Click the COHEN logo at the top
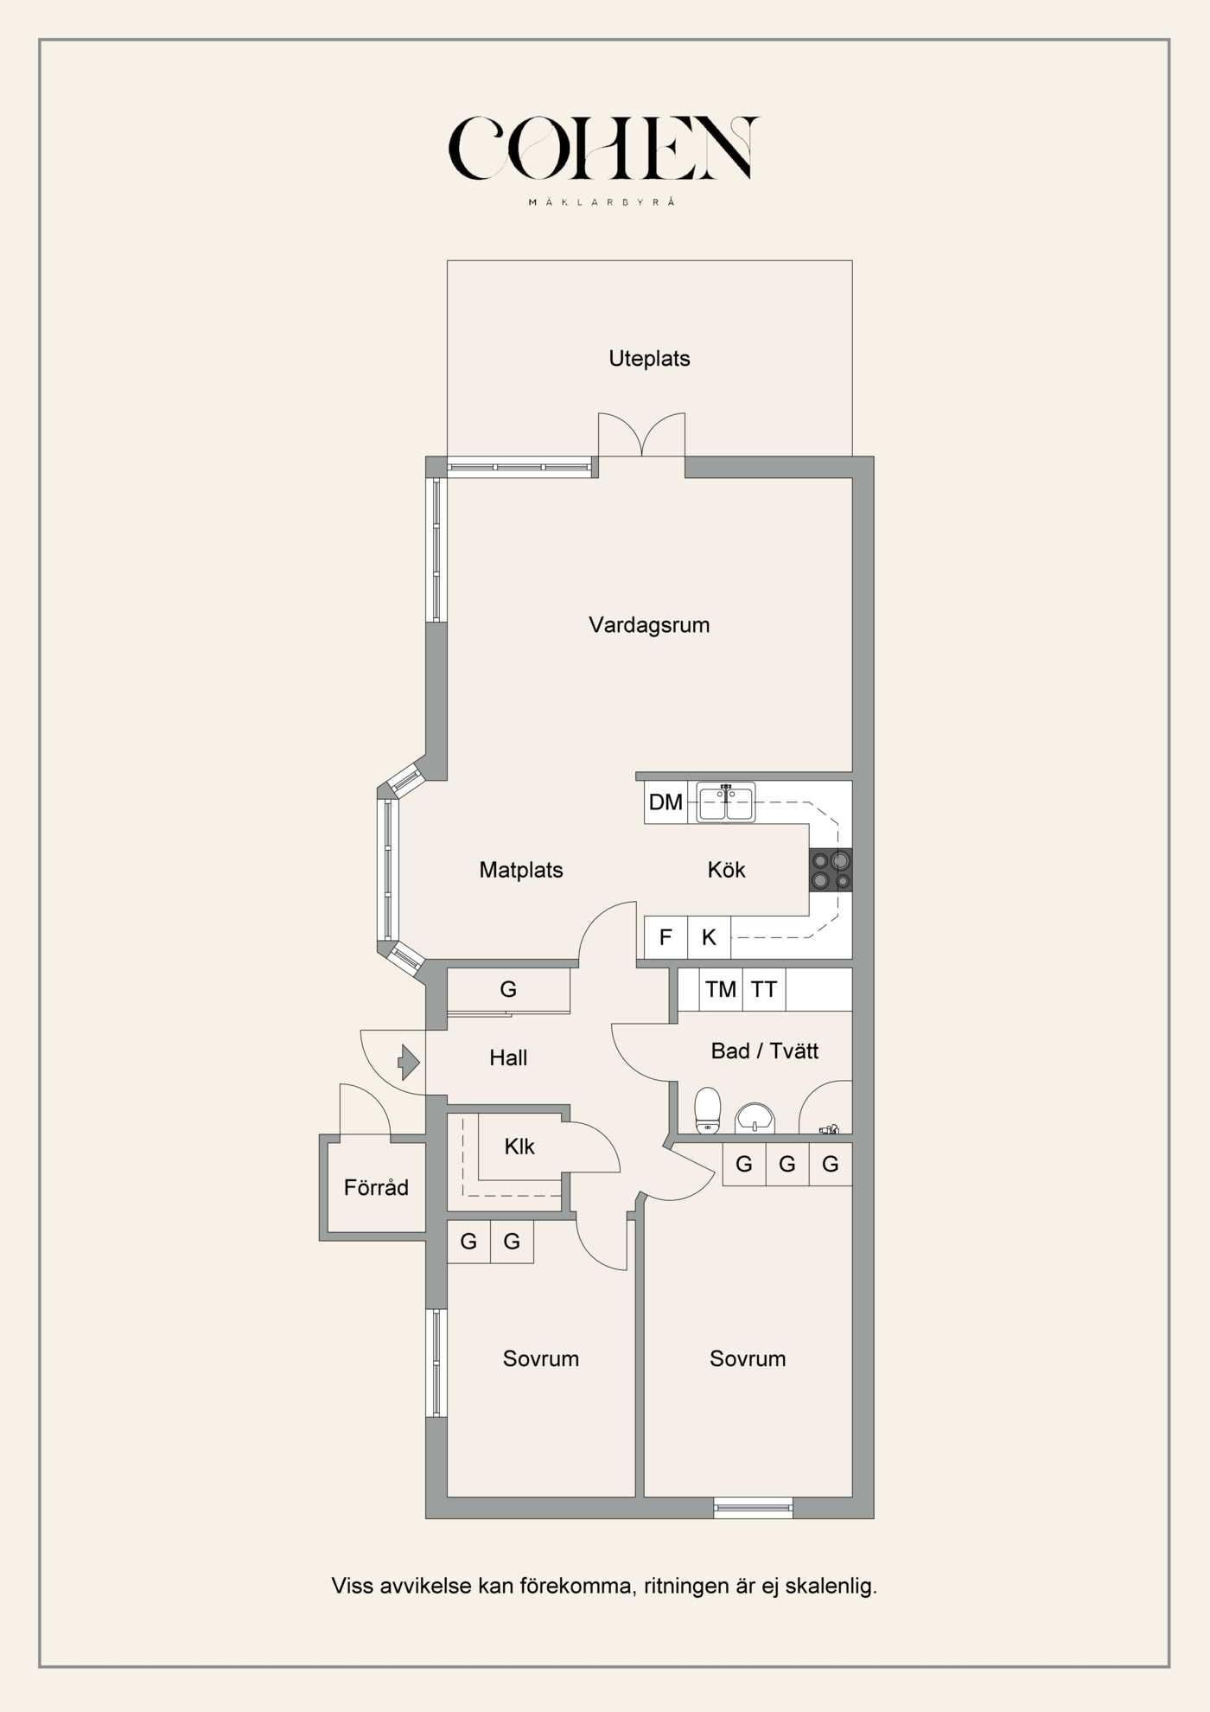603,149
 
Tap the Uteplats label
649,359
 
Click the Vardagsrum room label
649,625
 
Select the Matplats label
521,870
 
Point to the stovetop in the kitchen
831,870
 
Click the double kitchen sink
726,802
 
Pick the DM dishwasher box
665,802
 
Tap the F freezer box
665,937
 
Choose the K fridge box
710,937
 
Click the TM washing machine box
721,989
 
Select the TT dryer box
764,989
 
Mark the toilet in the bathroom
708,1110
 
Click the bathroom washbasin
755,1118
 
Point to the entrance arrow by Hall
409,1061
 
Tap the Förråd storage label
376,1188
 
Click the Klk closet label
519,1147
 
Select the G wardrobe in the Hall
508,989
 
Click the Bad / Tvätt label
765,1051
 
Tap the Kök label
726,870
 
